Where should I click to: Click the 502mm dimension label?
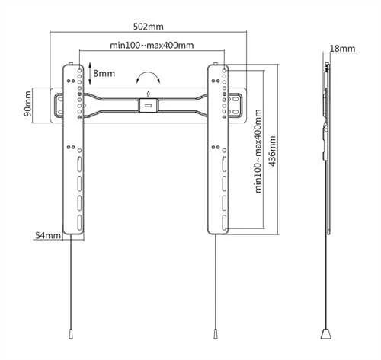(x=149, y=27)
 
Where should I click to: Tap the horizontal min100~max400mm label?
(x=152, y=46)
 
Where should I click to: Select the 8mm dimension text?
(x=104, y=73)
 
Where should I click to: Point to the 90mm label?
(x=27, y=104)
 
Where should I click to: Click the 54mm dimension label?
(x=48, y=235)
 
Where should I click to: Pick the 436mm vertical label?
(x=272, y=151)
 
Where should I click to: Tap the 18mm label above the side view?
(x=342, y=49)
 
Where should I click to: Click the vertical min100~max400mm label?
(x=258, y=151)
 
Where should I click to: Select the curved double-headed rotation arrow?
(x=149, y=76)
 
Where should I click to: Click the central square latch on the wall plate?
(x=149, y=105)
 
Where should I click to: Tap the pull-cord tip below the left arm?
(x=71, y=334)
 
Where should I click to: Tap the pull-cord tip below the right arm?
(x=216, y=334)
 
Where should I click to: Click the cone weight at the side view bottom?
(x=326, y=334)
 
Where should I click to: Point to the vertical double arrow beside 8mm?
(x=90, y=74)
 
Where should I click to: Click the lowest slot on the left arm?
(x=79, y=223)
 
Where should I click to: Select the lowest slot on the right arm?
(x=224, y=223)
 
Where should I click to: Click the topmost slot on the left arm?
(x=79, y=164)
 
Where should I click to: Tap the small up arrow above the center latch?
(x=149, y=94)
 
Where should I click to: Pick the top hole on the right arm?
(x=224, y=70)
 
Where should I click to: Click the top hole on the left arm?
(x=79, y=70)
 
